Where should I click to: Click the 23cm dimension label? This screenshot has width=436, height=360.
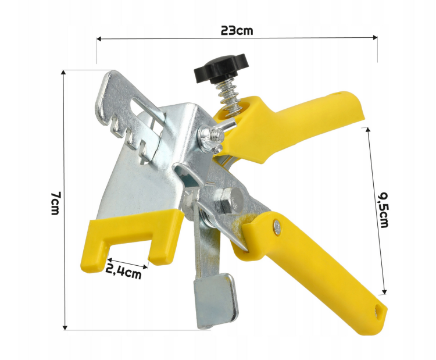click(237, 30)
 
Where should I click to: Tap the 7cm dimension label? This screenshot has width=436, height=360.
click(55, 203)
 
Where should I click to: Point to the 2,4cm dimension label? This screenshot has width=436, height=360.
click(123, 272)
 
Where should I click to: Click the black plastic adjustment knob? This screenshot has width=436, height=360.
click(220, 68)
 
